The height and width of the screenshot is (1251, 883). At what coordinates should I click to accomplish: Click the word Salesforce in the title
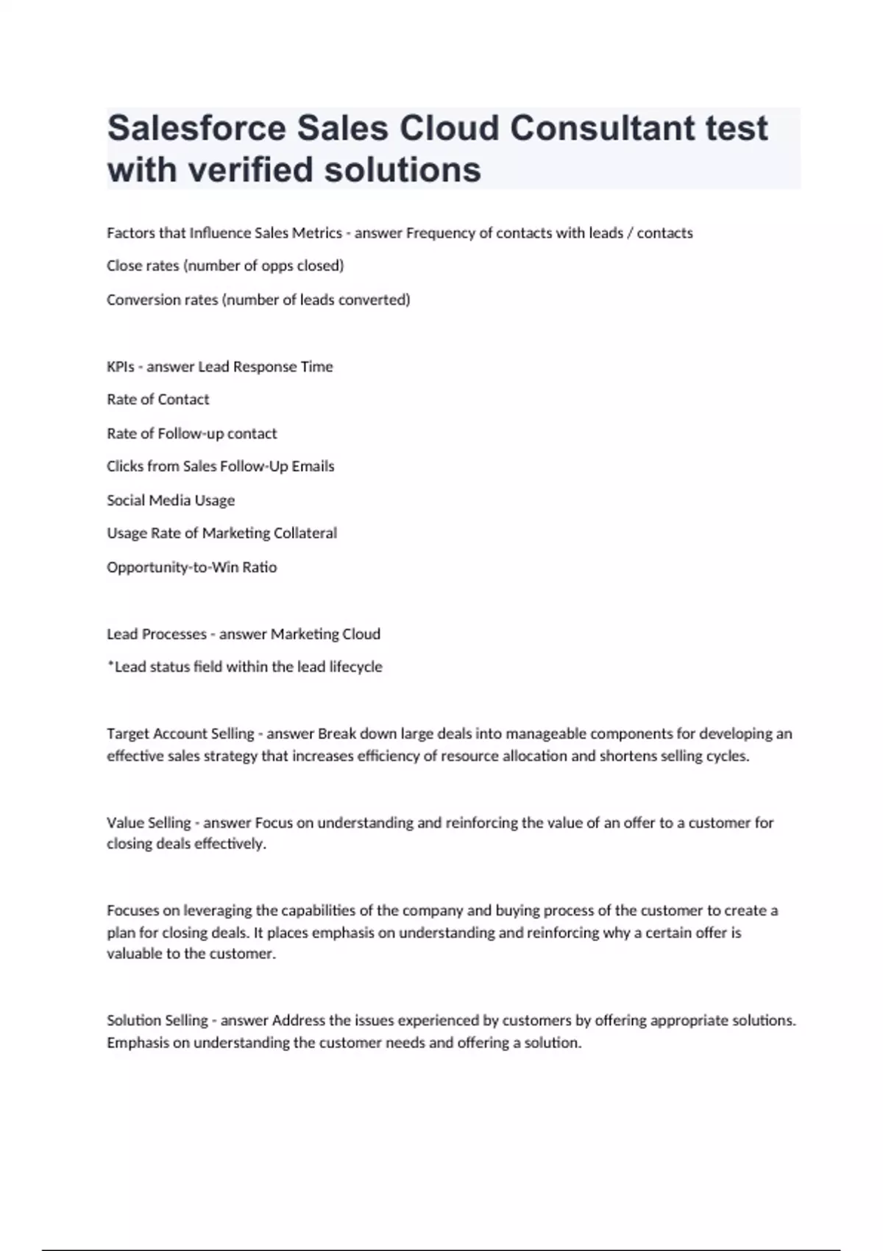click(196, 128)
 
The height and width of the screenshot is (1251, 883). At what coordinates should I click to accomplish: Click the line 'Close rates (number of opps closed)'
click(225, 266)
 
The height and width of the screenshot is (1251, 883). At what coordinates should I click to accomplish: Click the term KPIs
click(120, 366)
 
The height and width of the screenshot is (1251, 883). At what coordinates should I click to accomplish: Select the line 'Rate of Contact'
click(158, 400)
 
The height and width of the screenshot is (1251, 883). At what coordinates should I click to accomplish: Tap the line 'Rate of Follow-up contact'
click(191, 433)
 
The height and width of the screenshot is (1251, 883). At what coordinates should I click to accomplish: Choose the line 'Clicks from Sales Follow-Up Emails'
click(220, 467)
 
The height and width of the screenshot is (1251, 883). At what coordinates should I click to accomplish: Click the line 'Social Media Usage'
click(171, 500)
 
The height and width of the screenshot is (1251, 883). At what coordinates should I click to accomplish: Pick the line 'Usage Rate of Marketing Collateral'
click(221, 534)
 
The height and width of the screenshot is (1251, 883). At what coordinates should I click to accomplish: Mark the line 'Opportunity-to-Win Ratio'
click(191, 567)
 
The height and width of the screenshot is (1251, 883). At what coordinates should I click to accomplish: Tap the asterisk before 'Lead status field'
click(110, 665)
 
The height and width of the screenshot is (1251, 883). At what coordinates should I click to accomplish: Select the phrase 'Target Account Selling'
click(180, 734)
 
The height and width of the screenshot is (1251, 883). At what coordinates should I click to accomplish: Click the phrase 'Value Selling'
click(149, 823)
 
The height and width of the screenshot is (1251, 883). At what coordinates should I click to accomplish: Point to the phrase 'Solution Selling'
click(157, 1021)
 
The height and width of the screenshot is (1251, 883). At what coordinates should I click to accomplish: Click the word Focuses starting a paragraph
click(132, 910)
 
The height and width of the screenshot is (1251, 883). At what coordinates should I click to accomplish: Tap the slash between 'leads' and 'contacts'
click(630, 233)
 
